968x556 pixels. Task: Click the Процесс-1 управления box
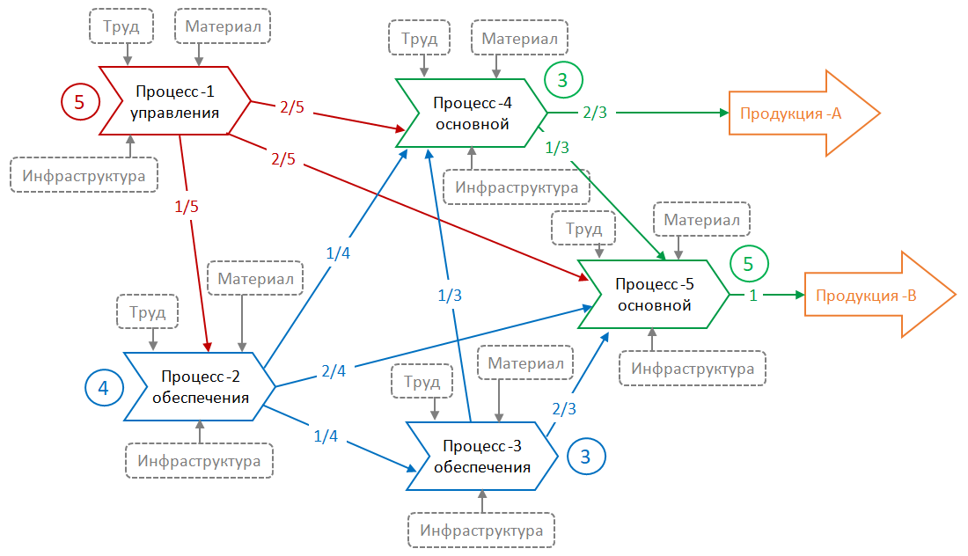(173, 100)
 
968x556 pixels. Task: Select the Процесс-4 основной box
(472, 113)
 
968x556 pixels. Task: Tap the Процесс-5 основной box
(653, 294)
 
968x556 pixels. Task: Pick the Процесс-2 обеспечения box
(200, 386)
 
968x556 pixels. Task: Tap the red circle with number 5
(79, 102)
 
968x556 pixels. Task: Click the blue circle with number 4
(104, 387)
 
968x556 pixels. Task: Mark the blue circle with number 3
(586, 456)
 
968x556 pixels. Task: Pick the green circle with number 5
(748, 263)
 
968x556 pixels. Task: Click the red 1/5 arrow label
(186, 208)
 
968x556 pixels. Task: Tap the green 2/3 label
(594, 113)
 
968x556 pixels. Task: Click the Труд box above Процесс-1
(121, 26)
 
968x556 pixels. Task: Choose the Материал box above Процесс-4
(519, 39)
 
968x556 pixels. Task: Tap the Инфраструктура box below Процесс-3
(481, 530)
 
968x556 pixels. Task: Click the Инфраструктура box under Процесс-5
(693, 369)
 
